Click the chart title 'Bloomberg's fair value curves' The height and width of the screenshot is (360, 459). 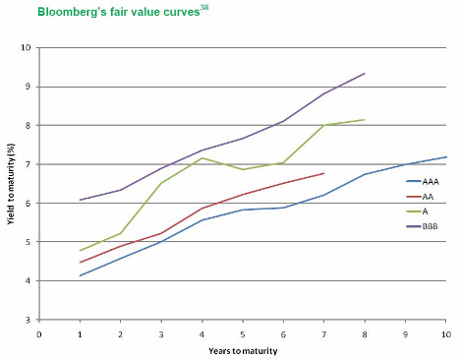click(119, 12)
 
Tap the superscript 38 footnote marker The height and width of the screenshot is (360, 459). click(204, 7)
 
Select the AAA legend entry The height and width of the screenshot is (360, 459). click(423, 181)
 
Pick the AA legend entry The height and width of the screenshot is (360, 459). click(420, 197)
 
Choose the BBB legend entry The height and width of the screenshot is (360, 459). click(422, 226)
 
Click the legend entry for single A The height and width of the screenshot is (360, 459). click(417, 211)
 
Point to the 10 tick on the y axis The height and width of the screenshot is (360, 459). click(26, 47)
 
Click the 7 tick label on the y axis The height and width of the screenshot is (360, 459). click(28, 164)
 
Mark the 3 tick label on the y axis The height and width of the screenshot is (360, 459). click(28, 320)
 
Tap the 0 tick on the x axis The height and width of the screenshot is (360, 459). click(39, 334)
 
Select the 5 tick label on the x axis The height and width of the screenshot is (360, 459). click(243, 334)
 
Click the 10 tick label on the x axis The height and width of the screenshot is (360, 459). click(446, 334)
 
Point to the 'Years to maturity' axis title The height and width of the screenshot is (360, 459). click(243, 351)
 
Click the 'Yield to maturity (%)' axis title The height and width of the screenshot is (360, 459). click(11, 184)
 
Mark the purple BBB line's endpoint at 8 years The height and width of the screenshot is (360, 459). click(365, 74)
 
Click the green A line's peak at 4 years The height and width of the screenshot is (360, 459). click(202, 158)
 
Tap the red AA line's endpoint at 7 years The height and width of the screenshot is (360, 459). click(324, 173)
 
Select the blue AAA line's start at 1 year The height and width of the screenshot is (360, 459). click(80, 275)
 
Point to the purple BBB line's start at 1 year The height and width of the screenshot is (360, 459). click(80, 200)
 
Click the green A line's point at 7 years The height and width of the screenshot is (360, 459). click(324, 125)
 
